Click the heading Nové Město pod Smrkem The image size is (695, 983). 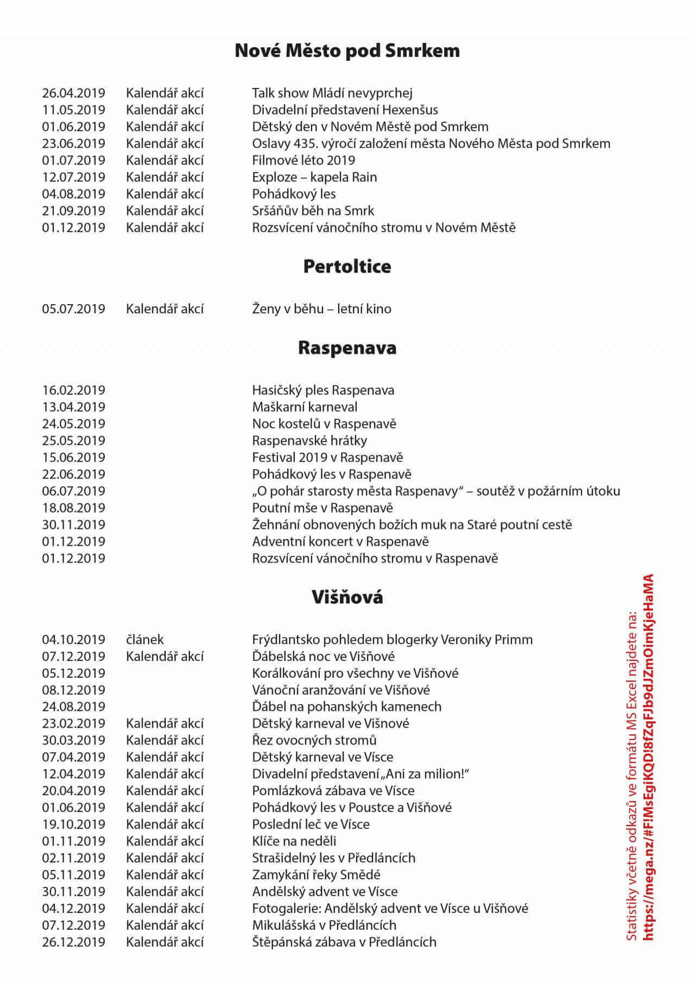pos(347,51)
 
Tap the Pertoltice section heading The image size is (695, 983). pos(347,266)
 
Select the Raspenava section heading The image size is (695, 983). pos(347,348)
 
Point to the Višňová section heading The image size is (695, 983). pos(347,597)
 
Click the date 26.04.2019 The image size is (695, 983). pos(74,93)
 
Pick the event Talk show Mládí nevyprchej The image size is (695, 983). pos(332,93)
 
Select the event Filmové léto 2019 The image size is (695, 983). pos(304,160)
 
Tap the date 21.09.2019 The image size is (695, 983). pos(74,211)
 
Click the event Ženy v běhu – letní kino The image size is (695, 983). pos(321,308)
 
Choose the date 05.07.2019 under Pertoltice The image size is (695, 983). pos(74,308)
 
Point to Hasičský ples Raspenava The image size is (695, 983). pos(323,390)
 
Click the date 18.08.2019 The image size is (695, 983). pos(74,508)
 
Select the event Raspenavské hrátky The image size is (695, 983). pos(309,440)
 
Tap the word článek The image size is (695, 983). pos(145,639)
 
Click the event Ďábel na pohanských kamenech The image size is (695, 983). pos(346,707)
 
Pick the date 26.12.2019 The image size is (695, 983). pos(74,942)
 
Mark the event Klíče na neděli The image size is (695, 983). pos(294,841)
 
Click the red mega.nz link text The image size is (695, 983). pos(648,760)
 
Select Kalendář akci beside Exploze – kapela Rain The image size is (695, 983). pos(165,177)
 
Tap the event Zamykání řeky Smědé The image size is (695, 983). pos(316,875)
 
